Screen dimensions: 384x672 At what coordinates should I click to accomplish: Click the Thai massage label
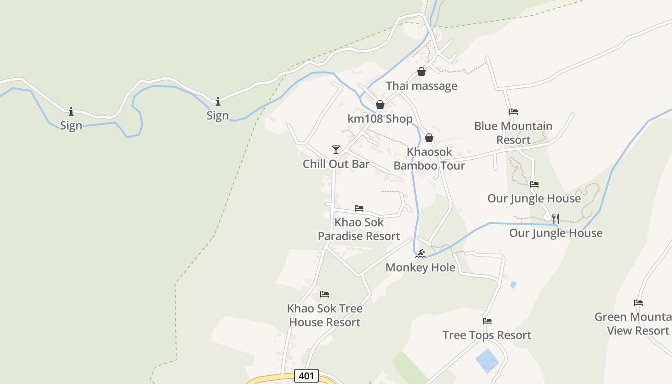tap(421, 86)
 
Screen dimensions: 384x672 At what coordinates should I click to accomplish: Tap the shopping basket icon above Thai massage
tap(421, 72)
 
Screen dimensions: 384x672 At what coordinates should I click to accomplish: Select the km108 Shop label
tap(380, 119)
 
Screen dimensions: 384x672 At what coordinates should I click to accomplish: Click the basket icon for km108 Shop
tap(380, 105)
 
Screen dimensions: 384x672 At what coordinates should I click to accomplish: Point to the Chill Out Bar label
tap(336, 164)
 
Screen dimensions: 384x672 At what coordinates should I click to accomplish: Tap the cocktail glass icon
tap(336, 150)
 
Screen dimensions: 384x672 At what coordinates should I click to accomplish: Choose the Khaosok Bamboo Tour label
tap(429, 159)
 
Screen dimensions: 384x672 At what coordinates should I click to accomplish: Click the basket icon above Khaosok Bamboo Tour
tap(429, 138)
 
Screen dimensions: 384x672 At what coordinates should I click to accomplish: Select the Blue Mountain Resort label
tap(513, 133)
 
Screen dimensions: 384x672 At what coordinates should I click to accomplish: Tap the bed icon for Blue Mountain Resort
tap(514, 112)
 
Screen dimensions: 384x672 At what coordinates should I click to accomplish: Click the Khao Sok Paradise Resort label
tap(359, 229)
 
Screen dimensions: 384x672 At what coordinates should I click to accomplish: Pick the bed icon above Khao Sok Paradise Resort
tap(359, 208)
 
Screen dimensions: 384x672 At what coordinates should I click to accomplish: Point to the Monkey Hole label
tap(420, 267)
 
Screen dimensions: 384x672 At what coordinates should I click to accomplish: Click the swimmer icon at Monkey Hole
tap(420, 253)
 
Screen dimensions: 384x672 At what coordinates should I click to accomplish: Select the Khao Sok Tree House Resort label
tap(324, 315)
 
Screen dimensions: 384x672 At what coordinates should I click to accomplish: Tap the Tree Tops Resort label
tap(487, 335)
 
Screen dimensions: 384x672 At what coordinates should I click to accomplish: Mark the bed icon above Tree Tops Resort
tap(487, 321)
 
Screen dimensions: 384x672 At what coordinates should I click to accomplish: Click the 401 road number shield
tap(306, 376)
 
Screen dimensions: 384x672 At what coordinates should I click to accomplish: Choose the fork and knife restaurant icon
tap(556, 219)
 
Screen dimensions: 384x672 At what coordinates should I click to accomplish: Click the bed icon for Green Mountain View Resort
tap(638, 303)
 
